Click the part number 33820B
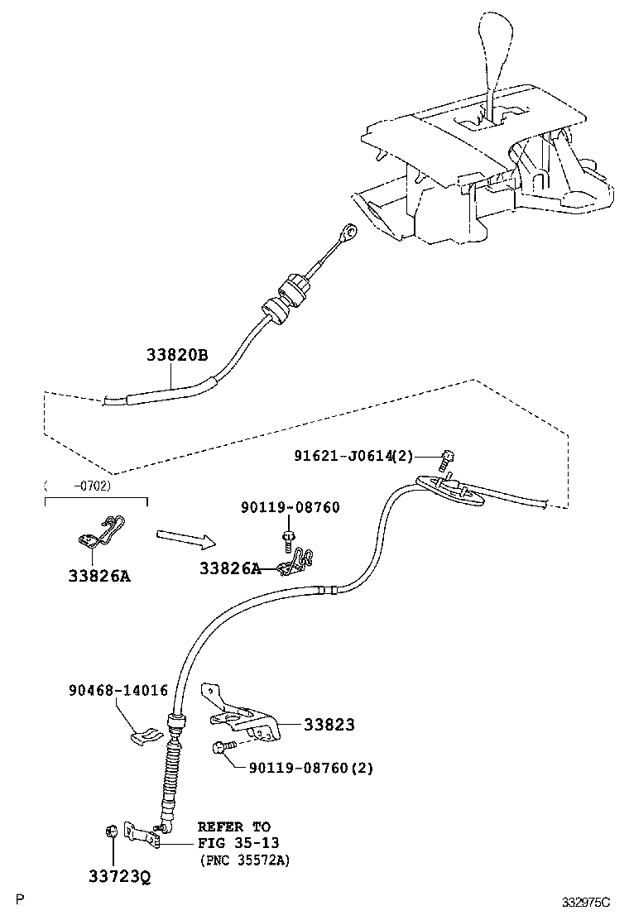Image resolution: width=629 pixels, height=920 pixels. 177,355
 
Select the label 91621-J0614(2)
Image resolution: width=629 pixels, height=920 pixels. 353,455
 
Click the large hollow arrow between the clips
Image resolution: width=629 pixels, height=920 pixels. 185,539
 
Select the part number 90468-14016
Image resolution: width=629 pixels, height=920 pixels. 118,690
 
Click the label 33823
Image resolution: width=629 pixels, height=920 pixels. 329,725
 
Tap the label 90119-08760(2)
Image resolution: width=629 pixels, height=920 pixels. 311,768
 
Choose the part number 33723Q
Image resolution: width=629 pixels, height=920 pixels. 120,876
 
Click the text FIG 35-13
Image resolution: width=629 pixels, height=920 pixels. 238,843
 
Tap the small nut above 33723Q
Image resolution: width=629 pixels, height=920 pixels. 109,831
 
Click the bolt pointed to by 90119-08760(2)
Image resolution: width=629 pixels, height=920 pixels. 221,748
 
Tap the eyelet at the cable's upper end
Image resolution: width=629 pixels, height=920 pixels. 352,232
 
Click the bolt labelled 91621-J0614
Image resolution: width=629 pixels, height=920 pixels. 448,455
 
